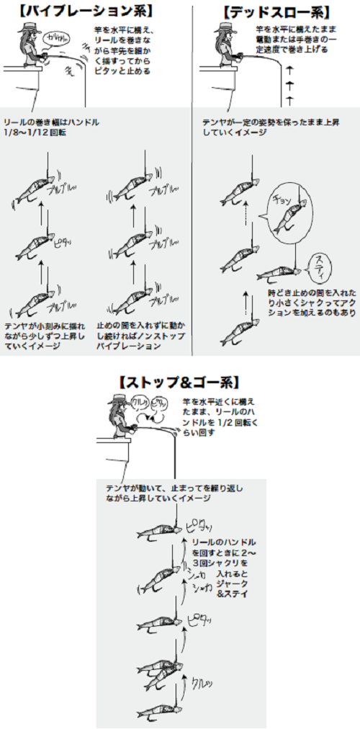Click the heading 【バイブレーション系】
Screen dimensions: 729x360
coord(91,12)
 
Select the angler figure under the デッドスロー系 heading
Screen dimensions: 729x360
coord(225,47)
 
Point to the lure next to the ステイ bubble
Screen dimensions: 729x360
coord(278,274)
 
